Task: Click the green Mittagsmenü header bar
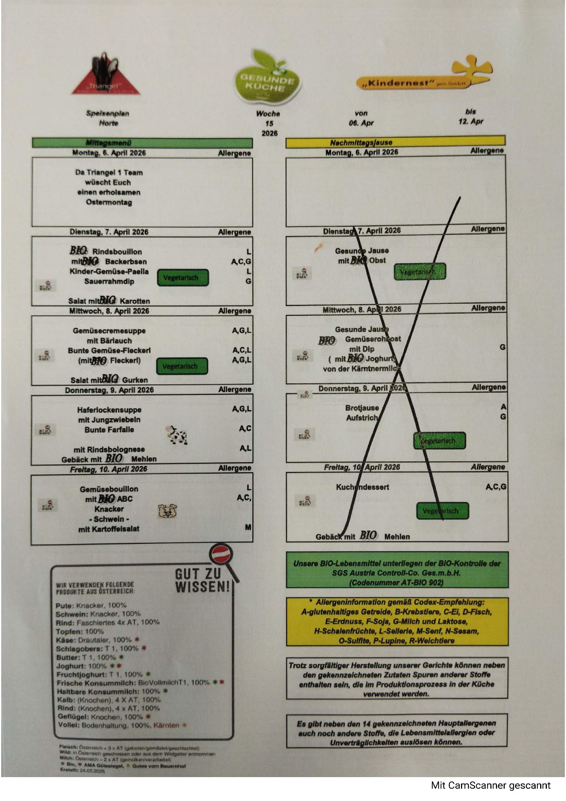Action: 142,143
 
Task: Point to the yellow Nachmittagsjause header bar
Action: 395,142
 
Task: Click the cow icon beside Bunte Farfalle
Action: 176,434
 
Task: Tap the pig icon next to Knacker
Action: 168,510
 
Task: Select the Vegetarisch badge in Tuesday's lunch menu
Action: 183,277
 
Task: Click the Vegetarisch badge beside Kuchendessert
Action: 442,511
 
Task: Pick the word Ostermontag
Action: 109,202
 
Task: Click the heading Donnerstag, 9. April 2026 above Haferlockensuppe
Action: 109,390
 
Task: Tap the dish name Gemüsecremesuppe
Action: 109,331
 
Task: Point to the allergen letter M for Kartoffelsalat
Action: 248,527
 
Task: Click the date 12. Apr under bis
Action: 470,121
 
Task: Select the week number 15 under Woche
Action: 269,123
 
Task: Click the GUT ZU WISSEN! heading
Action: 202,580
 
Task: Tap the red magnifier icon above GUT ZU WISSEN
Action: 221,555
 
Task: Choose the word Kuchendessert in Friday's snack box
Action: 362,487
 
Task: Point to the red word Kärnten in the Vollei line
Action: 166,725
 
